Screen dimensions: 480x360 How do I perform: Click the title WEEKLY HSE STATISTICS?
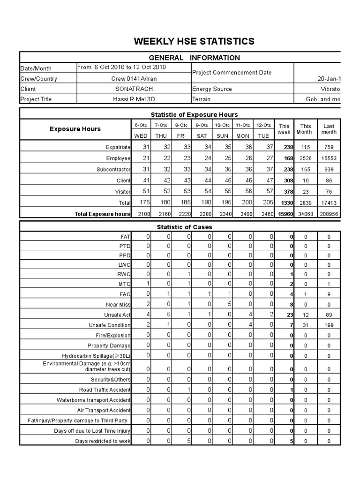pos(194,41)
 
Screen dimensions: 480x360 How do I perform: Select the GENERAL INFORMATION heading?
pos(194,58)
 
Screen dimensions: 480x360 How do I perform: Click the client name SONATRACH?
pos(134,89)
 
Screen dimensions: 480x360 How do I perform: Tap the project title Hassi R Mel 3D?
pos(134,99)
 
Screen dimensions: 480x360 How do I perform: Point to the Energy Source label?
pos(212,89)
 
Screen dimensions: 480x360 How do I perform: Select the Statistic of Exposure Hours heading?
pos(194,114)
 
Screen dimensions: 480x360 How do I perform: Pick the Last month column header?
pos(329,129)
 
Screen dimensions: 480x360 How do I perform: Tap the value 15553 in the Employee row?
pos(329,158)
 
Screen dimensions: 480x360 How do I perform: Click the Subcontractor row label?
pos(113,169)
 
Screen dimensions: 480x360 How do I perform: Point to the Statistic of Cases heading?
pos(184,227)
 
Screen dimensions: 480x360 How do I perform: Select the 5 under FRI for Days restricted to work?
pos(188,441)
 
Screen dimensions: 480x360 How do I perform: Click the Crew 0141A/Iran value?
pos(134,78)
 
